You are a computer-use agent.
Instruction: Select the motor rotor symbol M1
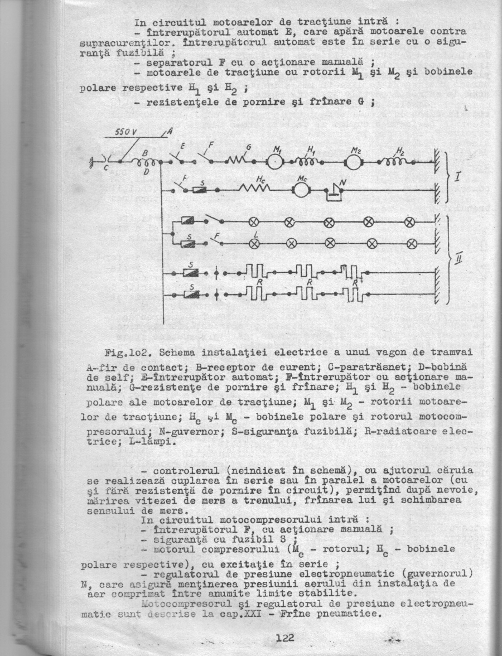tap(275, 162)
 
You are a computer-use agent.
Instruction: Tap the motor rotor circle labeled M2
tap(354, 162)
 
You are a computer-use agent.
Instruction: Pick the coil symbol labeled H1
tap(306, 162)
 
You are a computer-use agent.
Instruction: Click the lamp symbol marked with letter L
tap(254, 243)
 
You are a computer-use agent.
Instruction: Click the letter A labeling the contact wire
tap(169, 132)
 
